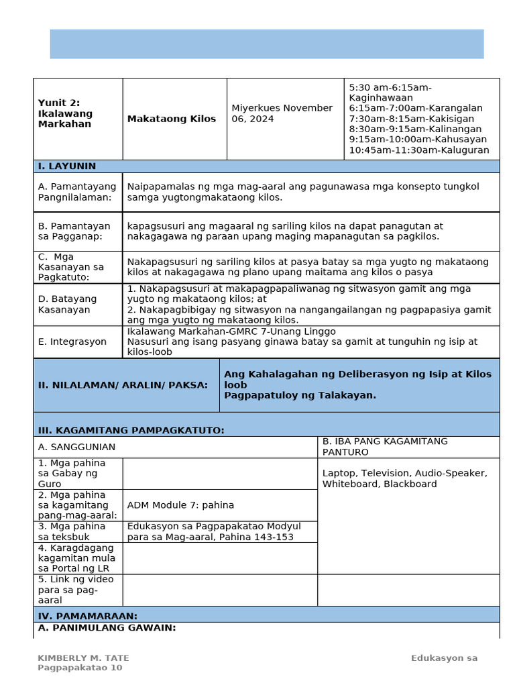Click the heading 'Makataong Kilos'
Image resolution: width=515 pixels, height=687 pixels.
[172, 119]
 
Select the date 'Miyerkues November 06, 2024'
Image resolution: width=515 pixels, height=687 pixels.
[282, 113]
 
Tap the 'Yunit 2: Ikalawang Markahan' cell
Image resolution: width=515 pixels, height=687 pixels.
[66, 113]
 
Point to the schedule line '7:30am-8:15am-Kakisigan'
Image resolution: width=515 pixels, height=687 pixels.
[411, 119]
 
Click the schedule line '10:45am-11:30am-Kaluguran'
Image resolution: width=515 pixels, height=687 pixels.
[419, 150]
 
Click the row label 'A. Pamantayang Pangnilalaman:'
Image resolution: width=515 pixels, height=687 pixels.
[77, 192]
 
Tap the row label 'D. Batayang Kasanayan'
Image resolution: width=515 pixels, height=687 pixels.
[67, 305]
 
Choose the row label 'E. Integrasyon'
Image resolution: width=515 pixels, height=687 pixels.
[72, 341]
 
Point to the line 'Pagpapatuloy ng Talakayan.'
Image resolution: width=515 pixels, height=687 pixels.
[300, 396]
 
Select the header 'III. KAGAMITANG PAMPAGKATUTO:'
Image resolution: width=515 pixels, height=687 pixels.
[131, 430]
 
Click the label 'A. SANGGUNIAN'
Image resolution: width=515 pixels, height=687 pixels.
[76, 447]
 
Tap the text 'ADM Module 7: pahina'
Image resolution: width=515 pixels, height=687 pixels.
[180, 505]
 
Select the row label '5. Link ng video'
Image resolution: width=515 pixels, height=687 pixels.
[76, 579]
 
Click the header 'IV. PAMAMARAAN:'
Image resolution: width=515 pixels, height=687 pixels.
[88, 616]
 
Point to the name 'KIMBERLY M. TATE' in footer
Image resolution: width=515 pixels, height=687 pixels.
[83, 658]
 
